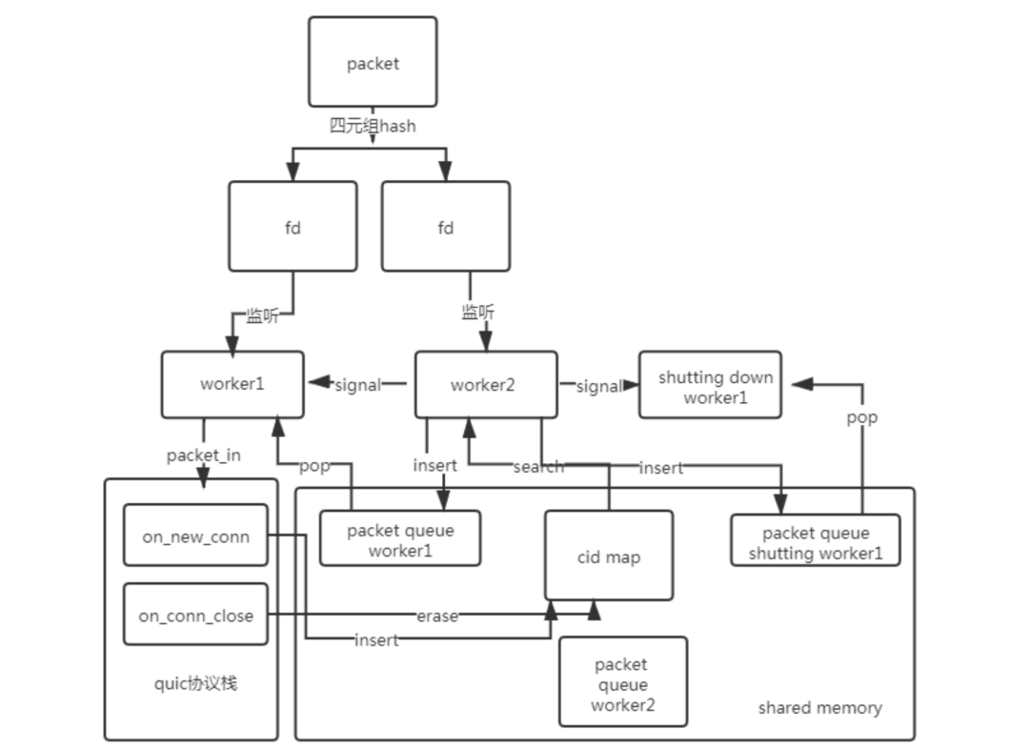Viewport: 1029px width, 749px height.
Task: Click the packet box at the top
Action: pyautogui.click(x=373, y=63)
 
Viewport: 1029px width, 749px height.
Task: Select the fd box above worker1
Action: pyautogui.click(x=293, y=227)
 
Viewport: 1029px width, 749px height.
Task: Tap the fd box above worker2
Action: pyautogui.click(x=445, y=227)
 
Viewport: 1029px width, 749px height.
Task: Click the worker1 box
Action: pyautogui.click(x=232, y=384)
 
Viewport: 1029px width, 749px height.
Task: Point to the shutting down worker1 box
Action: pyautogui.click(x=710, y=384)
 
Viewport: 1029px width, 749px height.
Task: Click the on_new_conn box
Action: pyautogui.click(x=195, y=536)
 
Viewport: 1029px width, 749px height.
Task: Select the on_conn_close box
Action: pyautogui.click(x=195, y=615)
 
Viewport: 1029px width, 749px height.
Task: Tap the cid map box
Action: pyautogui.click(x=608, y=556)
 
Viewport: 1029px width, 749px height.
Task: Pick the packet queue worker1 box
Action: pyautogui.click(x=399, y=539)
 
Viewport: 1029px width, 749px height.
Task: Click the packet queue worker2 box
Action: pyautogui.click(x=622, y=683)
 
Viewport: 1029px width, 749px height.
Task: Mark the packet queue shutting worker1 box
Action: pyautogui.click(x=815, y=541)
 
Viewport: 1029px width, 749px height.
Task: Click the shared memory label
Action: pyautogui.click(x=819, y=708)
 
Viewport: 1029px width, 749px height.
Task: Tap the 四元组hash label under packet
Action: pyautogui.click(x=373, y=125)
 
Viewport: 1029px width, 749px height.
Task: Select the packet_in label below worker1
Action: pyautogui.click(x=203, y=455)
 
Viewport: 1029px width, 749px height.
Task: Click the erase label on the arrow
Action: pyautogui.click(x=436, y=616)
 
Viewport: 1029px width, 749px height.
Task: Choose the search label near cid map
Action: pyautogui.click(x=537, y=467)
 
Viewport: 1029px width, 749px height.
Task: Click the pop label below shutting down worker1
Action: pyautogui.click(x=861, y=417)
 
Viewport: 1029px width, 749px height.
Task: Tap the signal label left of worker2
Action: pyautogui.click(x=357, y=385)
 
